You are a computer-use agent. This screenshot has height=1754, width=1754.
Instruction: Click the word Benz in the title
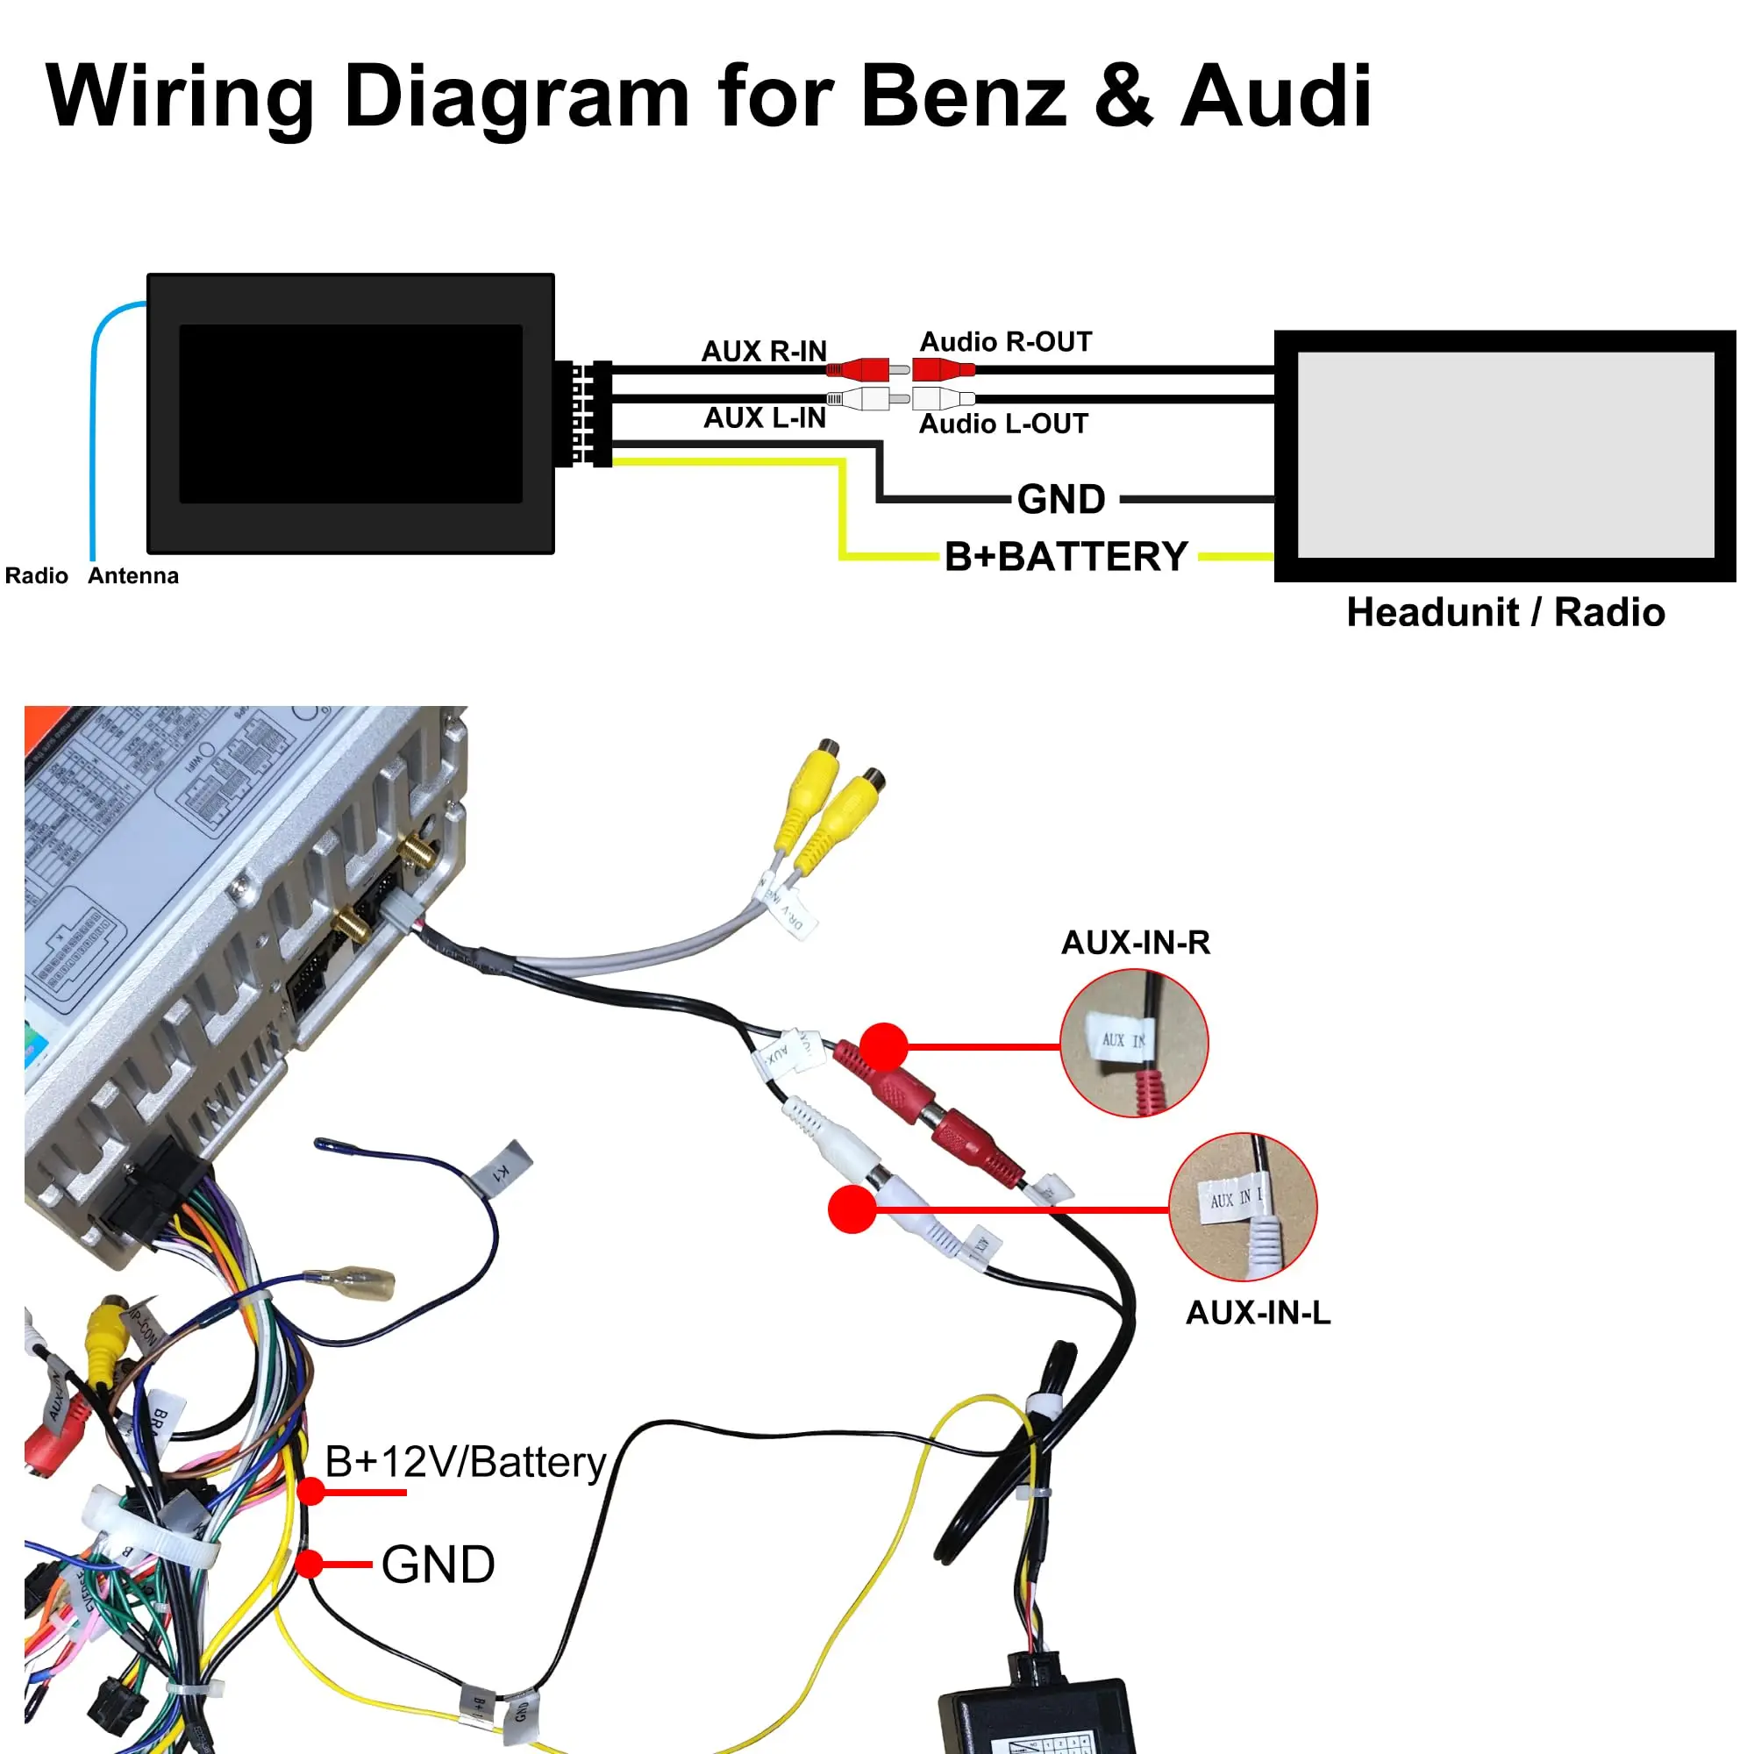coord(963,96)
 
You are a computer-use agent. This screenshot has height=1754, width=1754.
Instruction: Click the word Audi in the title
coord(1274,96)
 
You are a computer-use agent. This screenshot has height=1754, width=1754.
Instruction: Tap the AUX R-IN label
coord(764,352)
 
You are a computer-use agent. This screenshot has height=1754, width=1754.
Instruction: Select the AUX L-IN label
coord(765,417)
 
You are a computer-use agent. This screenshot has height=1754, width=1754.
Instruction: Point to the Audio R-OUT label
coord(1005,342)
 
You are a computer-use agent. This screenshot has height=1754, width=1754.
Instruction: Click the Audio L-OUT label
coord(1003,424)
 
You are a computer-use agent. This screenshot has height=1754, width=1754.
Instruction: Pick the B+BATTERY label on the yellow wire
coord(1066,557)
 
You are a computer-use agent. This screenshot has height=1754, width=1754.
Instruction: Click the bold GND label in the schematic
coord(1060,499)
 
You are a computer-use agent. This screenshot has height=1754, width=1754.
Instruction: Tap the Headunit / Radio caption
coord(1505,613)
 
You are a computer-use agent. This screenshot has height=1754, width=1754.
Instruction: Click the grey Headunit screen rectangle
coord(1505,454)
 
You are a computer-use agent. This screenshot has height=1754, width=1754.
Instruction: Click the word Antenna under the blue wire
coord(133,575)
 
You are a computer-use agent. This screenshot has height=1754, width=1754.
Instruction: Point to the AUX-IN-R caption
coord(1135,943)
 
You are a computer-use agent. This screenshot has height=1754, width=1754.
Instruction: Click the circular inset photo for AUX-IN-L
coord(1242,1207)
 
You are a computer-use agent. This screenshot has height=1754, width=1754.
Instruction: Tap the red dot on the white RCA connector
coord(852,1209)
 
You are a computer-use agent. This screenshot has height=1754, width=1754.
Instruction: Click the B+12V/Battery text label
coord(465,1463)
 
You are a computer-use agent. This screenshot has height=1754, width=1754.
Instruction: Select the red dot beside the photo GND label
coord(310,1565)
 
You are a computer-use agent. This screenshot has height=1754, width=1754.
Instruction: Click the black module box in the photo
coord(1035,1716)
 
